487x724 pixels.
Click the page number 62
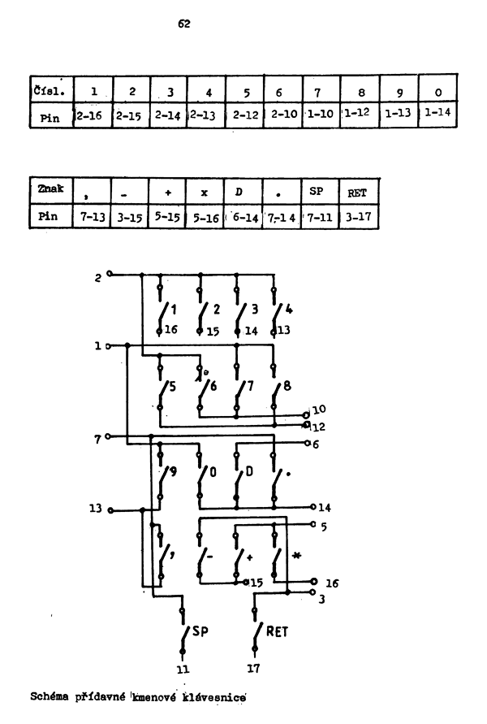click(x=183, y=25)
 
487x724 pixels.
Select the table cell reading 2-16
click(x=92, y=115)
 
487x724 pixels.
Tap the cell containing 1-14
click(x=438, y=114)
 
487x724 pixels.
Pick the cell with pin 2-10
click(x=283, y=115)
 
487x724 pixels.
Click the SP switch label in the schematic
click(x=200, y=631)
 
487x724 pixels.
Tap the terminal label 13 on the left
click(x=97, y=509)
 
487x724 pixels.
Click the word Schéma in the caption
click(x=50, y=696)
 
